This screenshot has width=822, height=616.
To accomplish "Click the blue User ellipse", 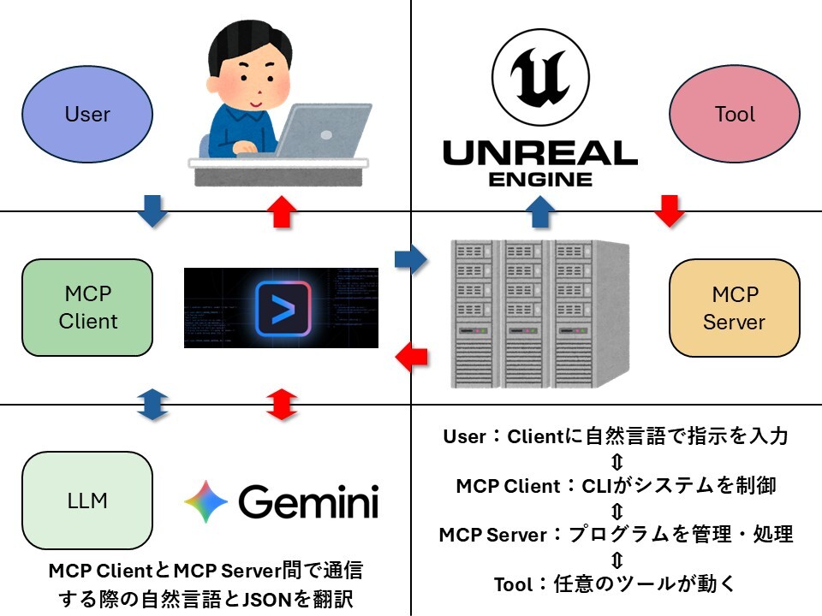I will coord(87,114).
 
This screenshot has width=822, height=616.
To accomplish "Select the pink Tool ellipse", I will coord(735,114).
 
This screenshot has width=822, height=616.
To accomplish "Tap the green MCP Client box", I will coord(87,308).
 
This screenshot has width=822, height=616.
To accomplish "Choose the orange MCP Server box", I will coord(735,308).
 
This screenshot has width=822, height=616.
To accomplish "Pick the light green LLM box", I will coord(87,500).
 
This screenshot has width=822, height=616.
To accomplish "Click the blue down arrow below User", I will coord(152,211).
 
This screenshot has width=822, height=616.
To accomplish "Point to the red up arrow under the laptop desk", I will coord(282,211).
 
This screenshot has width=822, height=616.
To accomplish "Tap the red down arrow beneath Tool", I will coord(670,211).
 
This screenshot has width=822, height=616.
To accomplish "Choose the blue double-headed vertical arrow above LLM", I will coord(152,405).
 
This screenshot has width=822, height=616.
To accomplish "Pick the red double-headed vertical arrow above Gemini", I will coord(282,405).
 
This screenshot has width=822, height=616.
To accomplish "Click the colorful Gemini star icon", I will coord(205,501).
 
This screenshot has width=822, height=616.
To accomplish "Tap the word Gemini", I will coord(308,501).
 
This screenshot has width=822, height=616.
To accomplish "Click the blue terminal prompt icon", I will coord(283,308).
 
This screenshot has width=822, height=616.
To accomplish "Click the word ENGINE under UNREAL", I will coord(539,179).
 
